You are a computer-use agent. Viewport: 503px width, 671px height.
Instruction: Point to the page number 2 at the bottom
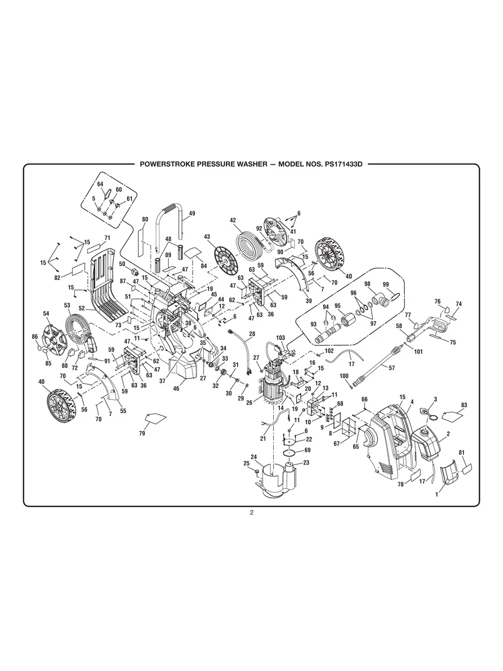(251, 512)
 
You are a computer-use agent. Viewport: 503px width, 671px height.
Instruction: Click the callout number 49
(192, 213)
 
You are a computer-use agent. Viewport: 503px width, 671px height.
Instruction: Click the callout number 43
(207, 237)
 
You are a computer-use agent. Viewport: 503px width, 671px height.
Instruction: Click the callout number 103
(280, 338)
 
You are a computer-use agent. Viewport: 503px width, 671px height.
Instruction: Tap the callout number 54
(46, 314)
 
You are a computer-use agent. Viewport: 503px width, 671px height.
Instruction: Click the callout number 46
(176, 389)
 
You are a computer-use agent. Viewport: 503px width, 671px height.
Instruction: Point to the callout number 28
(252, 334)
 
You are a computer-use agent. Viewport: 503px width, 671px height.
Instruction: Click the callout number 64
(100, 184)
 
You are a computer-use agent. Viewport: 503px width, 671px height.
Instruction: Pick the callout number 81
(461, 453)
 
